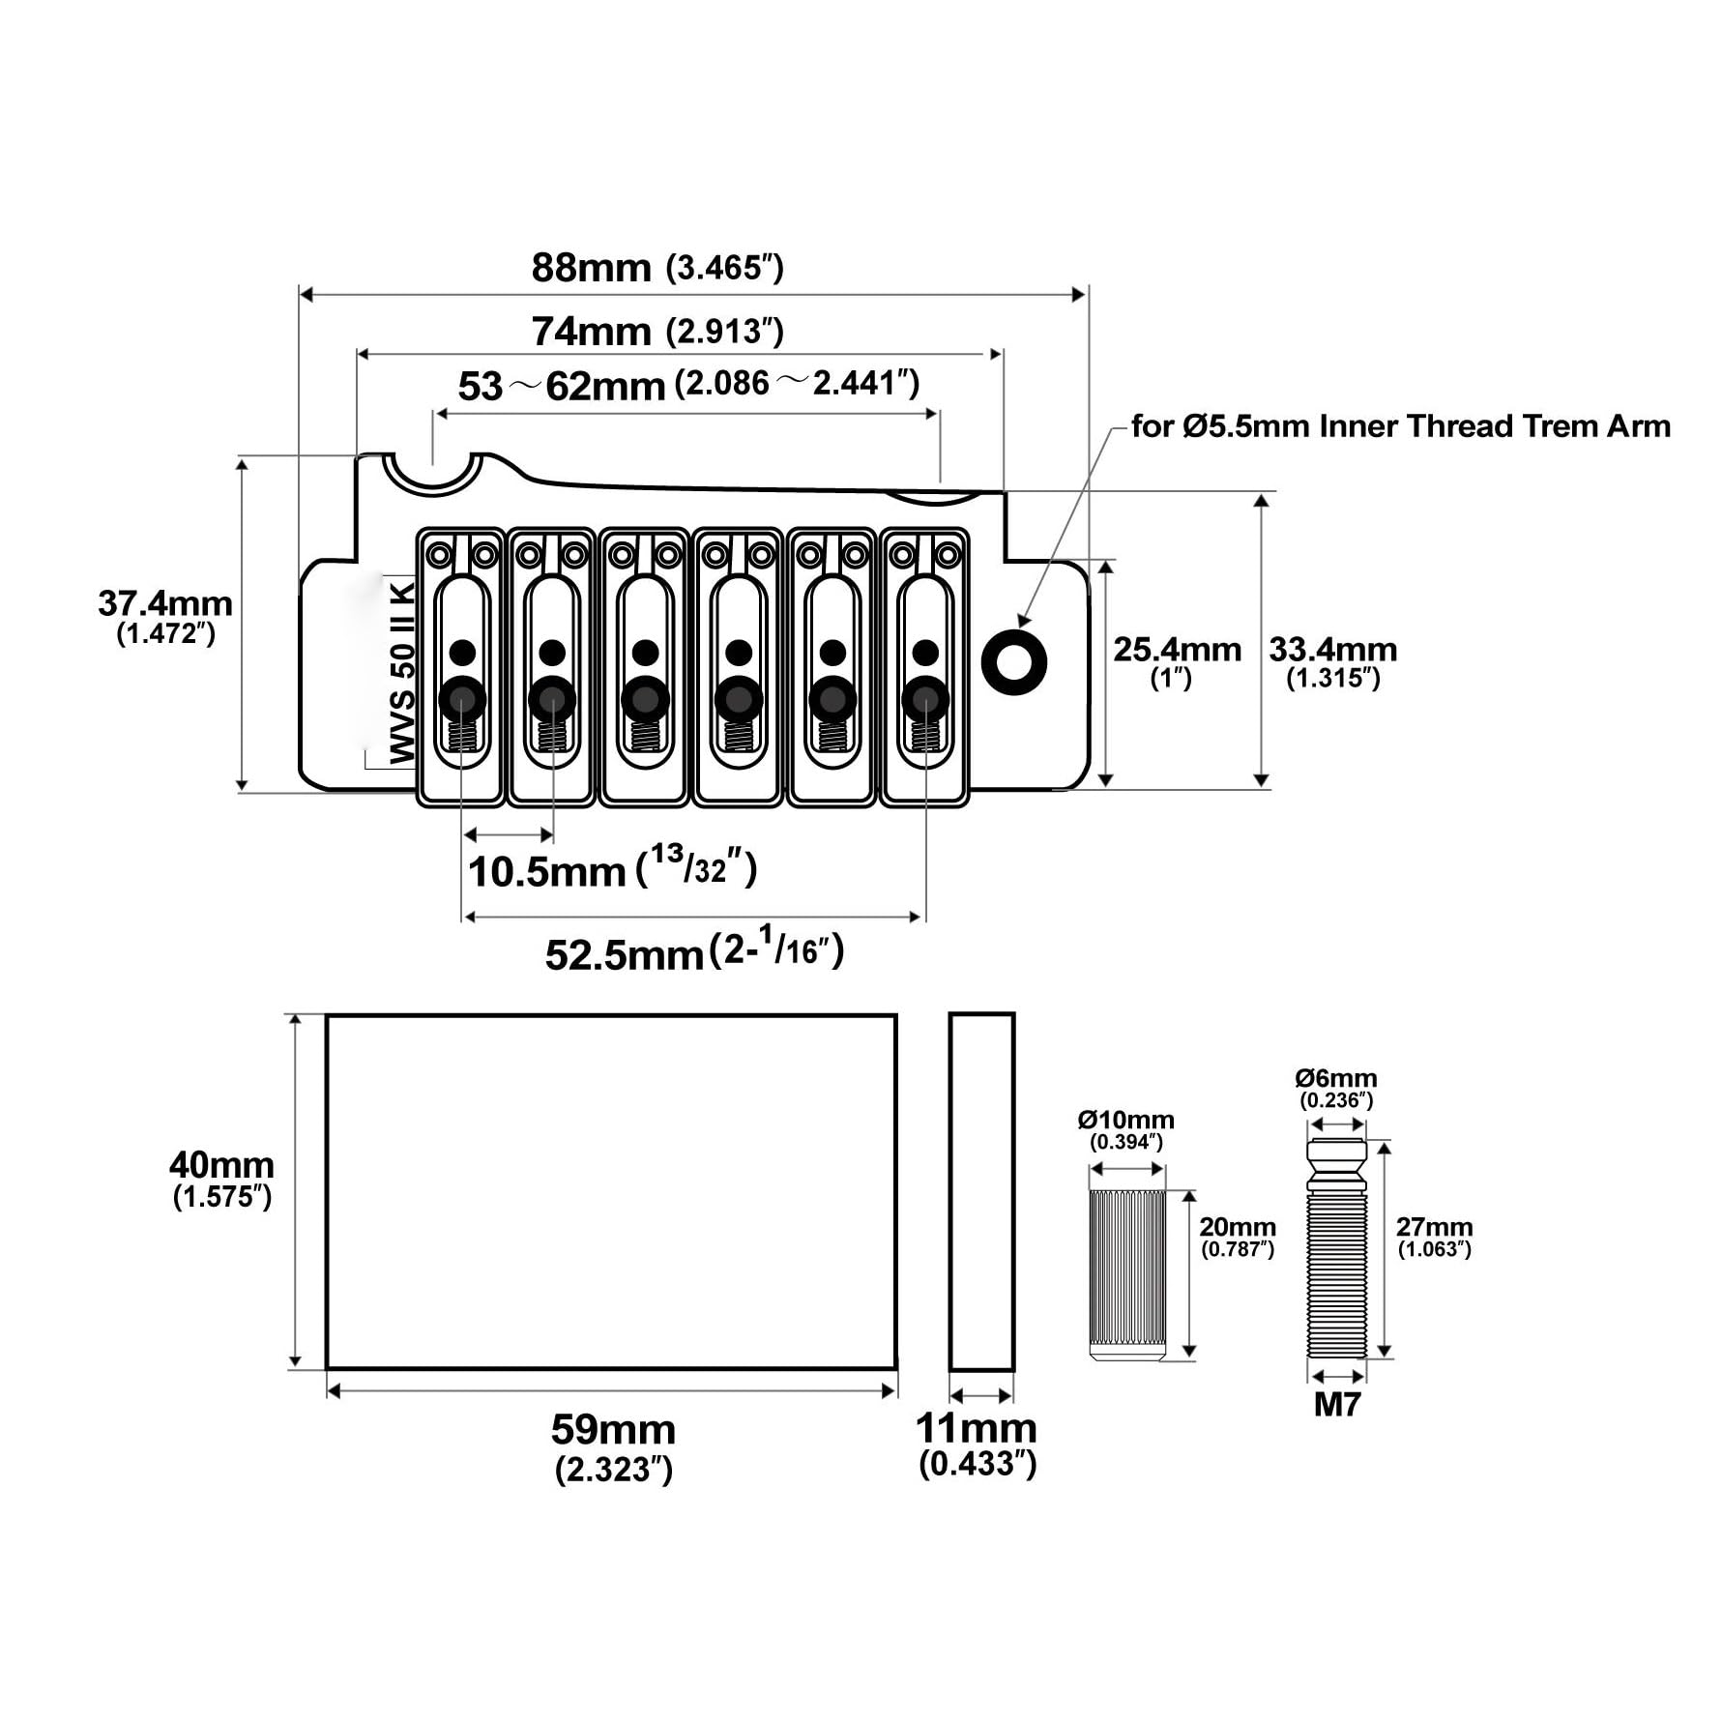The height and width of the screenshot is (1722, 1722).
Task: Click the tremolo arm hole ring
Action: tap(1013, 660)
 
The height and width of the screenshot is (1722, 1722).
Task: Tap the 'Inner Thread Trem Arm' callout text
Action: tap(1495, 426)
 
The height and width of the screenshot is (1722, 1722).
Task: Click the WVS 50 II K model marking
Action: tap(402, 672)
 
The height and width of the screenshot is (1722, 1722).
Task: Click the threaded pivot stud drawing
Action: tap(1337, 1249)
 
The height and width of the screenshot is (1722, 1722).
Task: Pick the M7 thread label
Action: tap(1337, 1405)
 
